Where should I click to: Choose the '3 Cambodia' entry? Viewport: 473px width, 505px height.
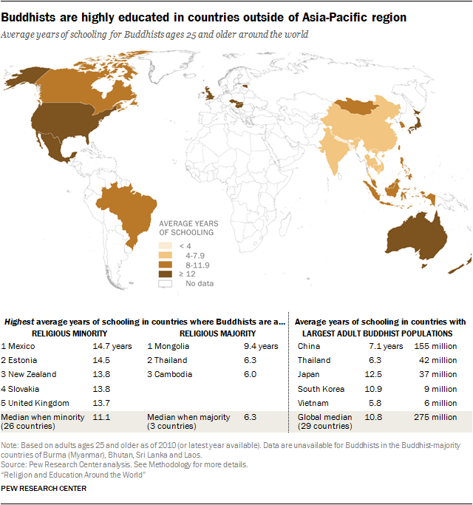(171, 374)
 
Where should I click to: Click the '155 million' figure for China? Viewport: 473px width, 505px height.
(440, 345)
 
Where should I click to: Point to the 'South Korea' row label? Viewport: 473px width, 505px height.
(320, 389)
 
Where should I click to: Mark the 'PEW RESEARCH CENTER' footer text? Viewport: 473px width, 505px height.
(44, 488)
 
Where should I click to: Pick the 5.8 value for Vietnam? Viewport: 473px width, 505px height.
(375, 403)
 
